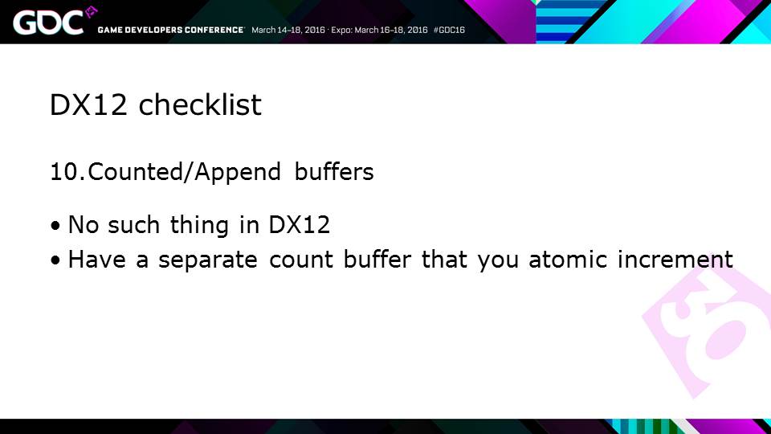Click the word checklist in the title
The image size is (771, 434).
[x=200, y=104]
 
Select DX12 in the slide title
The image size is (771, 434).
[x=88, y=104]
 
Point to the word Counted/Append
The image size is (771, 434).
[x=185, y=172]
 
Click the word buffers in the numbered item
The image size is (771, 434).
[x=334, y=172]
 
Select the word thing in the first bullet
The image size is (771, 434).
[x=199, y=225]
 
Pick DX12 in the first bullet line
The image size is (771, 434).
[x=299, y=225]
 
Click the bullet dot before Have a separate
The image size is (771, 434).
[x=55, y=260]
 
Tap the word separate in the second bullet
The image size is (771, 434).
[x=207, y=260]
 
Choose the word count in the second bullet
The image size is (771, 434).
[x=301, y=260]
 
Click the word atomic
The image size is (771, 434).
[x=568, y=260]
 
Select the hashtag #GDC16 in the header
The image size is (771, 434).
[x=449, y=30]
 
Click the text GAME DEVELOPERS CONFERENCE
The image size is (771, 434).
[x=170, y=30]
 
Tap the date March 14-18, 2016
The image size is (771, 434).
[x=288, y=30]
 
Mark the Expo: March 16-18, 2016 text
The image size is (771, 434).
[x=379, y=30]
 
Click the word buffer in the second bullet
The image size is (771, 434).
[x=377, y=260]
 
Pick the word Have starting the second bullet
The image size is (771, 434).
[x=97, y=260]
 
